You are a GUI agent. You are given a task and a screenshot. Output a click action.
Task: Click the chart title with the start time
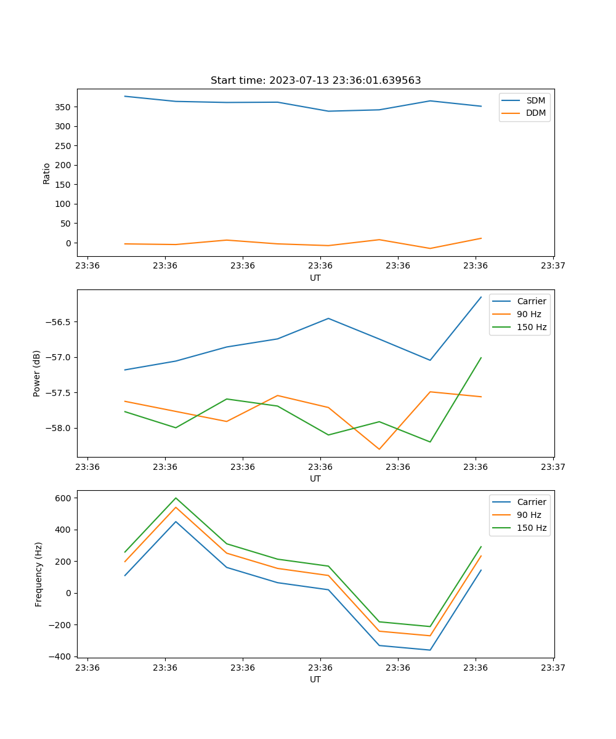[x=315, y=81]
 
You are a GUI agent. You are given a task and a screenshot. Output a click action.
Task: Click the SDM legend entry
[x=535, y=100]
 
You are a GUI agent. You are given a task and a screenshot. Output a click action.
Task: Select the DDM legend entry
[x=535, y=113]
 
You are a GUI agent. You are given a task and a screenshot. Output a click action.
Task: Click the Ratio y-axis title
[x=47, y=173]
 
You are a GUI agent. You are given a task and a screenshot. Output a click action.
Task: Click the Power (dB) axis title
[x=37, y=373]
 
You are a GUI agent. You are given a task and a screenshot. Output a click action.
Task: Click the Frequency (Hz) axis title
[x=39, y=574]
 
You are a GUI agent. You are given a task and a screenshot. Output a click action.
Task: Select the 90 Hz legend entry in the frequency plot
[x=529, y=515]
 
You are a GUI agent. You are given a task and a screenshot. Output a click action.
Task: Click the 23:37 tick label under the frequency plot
[x=553, y=668]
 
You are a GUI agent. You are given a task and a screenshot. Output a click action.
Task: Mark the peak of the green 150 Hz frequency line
[x=176, y=498]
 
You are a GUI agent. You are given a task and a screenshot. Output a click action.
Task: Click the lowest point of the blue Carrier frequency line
[x=430, y=650]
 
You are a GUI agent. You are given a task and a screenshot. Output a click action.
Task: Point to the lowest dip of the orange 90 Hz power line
[x=379, y=449]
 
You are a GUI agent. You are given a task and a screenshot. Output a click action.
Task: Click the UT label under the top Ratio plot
[x=315, y=278]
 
